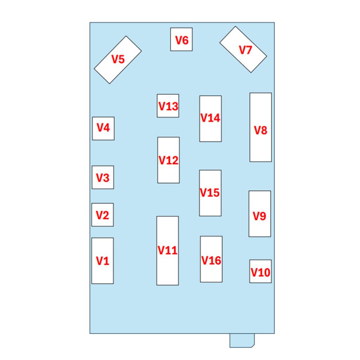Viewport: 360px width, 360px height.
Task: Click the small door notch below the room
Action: click(242, 340)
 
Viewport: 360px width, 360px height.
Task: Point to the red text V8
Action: click(261, 131)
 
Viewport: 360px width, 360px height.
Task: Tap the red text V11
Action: click(167, 250)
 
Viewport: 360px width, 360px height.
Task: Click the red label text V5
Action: click(118, 59)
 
